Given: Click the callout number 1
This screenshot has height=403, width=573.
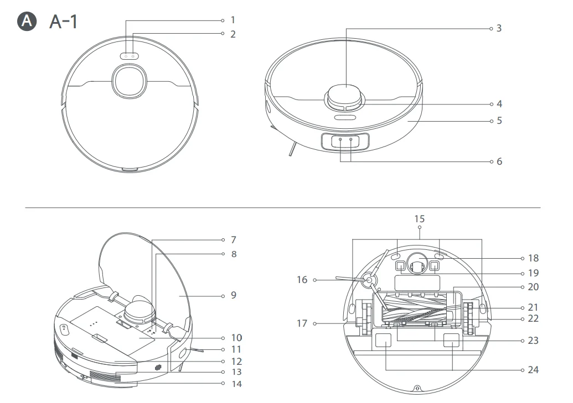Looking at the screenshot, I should point(233,20).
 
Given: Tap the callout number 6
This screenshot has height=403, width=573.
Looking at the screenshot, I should point(499,161).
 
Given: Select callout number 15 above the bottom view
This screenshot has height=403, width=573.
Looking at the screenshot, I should point(420,219).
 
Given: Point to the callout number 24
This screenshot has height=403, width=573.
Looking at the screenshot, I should point(533,369).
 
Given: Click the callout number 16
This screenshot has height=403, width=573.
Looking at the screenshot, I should point(302,280).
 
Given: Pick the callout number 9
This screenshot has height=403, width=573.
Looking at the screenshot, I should point(233,295).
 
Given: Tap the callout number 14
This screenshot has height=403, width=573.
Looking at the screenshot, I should point(236,383).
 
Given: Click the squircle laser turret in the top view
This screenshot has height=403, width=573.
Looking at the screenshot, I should point(130,81).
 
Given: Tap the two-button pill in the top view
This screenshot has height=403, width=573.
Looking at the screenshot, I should point(130,56).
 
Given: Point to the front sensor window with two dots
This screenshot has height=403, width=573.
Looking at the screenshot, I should point(345,141).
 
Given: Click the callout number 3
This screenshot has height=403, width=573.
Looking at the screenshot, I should point(499,28).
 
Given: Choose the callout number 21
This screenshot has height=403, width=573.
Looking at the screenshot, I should point(533,307).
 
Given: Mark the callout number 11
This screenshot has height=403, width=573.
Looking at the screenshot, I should point(236,349).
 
